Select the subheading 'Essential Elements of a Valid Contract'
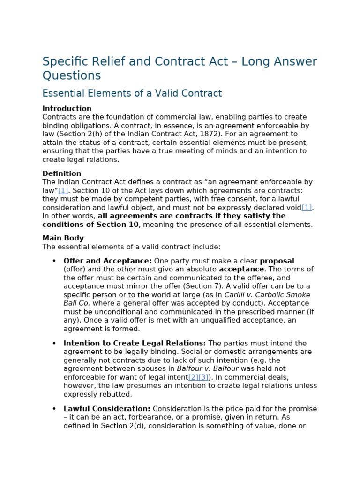pyautogui.click(x=132, y=93)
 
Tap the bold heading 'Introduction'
pyautogui.click(x=67, y=109)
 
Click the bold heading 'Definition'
pyautogui.click(x=62, y=173)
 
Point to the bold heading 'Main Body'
pyautogui.click(x=63, y=238)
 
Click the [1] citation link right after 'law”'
pyautogui.click(x=63, y=190)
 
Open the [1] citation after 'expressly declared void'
pyautogui.click(x=307, y=207)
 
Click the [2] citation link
pyautogui.click(x=193, y=377)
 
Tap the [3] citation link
pyautogui.click(x=203, y=377)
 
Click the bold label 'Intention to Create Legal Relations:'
pyautogui.click(x=135, y=343)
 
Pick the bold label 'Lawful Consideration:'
pyautogui.click(x=107, y=409)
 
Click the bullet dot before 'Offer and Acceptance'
pyautogui.click(x=54, y=261)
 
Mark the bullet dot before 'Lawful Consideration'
pyautogui.click(x=54, y=409)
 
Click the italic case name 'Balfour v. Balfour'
pyautogui.click(x=207, y=369)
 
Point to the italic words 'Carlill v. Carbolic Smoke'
pyautogui.click(x=267, y=295)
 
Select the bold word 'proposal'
pyautogui.click(x=277, y=261)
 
